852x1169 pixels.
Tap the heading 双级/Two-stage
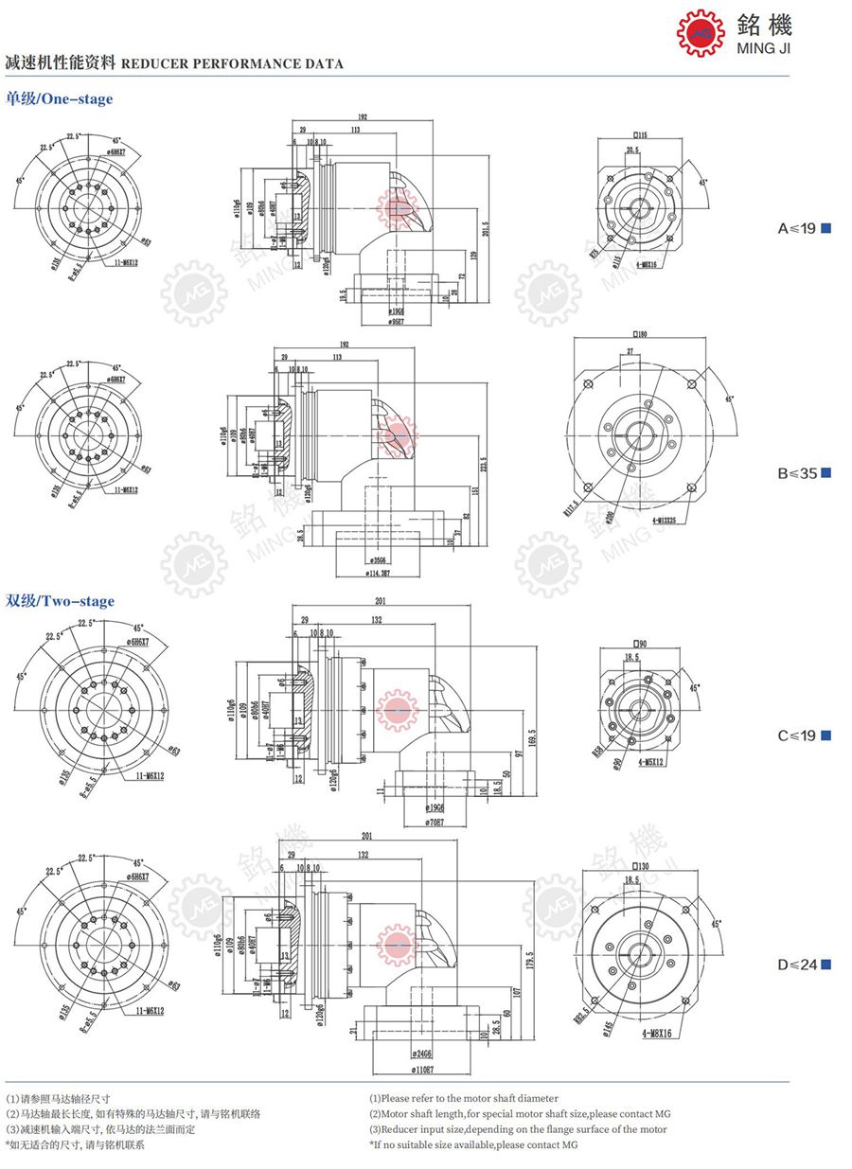pyautogui.click(x=60, y=601)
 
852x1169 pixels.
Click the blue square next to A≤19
pyautogui.click(x=826, y=228)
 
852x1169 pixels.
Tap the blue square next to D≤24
pyautogui.click(x=826, y=965)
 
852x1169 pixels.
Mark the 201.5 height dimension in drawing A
pyautogui.click(x=487, y=227)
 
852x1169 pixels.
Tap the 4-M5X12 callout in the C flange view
pyautogui.click(x=654, y=761)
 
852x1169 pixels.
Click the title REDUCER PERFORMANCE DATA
pyautogui.click(x=232, y=64)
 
